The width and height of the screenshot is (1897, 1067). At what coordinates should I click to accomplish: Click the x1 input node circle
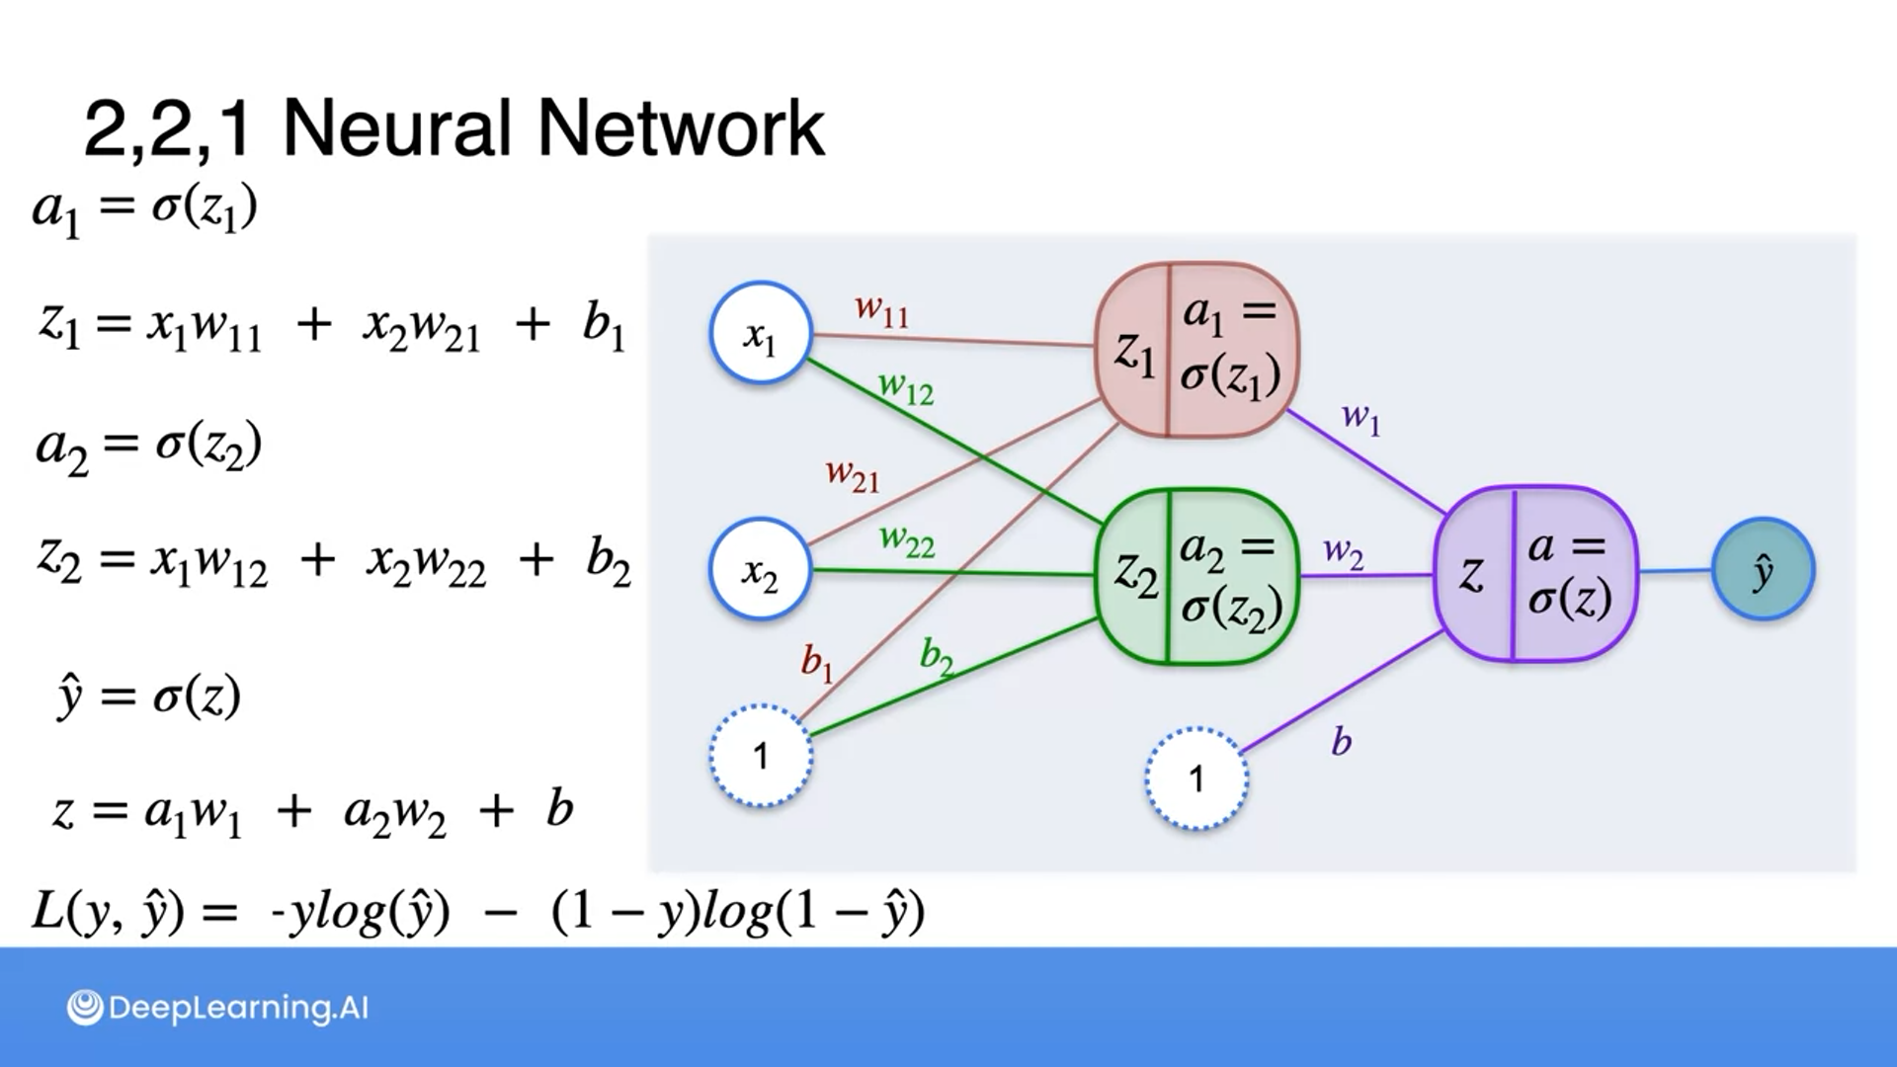pyautogui.click(x=760, y=333)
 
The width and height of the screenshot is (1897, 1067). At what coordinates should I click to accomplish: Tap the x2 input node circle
pyautogui.click(x=760, y=569)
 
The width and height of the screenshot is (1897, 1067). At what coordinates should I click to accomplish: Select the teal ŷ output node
pyautogui.click(x=1763, y=569)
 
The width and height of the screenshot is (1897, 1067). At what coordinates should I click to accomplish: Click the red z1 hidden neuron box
pyautogui.click(x=1196, y=349)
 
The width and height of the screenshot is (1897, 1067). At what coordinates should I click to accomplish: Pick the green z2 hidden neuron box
pyautogui.click(x=1196, y=576)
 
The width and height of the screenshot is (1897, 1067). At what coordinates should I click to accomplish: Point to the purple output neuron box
pyautogui.click(x=1534, y=573)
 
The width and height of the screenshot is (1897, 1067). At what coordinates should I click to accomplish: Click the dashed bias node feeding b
pyautogui.click(x=1196, y=779)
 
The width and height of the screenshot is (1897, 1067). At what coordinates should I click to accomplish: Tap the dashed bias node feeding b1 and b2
pyautogui.click(x=760, y=756)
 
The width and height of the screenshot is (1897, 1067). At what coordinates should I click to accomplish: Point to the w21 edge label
pyautogui.click(x=852, y=475)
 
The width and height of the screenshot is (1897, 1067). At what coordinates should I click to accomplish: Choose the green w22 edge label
pyautogui.click(x=906, y=540)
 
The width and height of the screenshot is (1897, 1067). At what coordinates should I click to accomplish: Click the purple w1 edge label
pyautogui.click(x=1361, y=418)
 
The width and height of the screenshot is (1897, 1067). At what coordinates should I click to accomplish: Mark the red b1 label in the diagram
pyautogui.click(x=817, y=662)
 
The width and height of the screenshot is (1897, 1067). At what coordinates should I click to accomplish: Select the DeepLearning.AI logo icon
pyautogui.click(x=85, y=1008)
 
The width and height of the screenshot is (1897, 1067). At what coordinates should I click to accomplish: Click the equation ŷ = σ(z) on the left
pyautogui.click(x=149, y=698)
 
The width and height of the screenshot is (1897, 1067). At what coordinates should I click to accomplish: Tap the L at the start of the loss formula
pyautogui.click(x=48, y=910)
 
